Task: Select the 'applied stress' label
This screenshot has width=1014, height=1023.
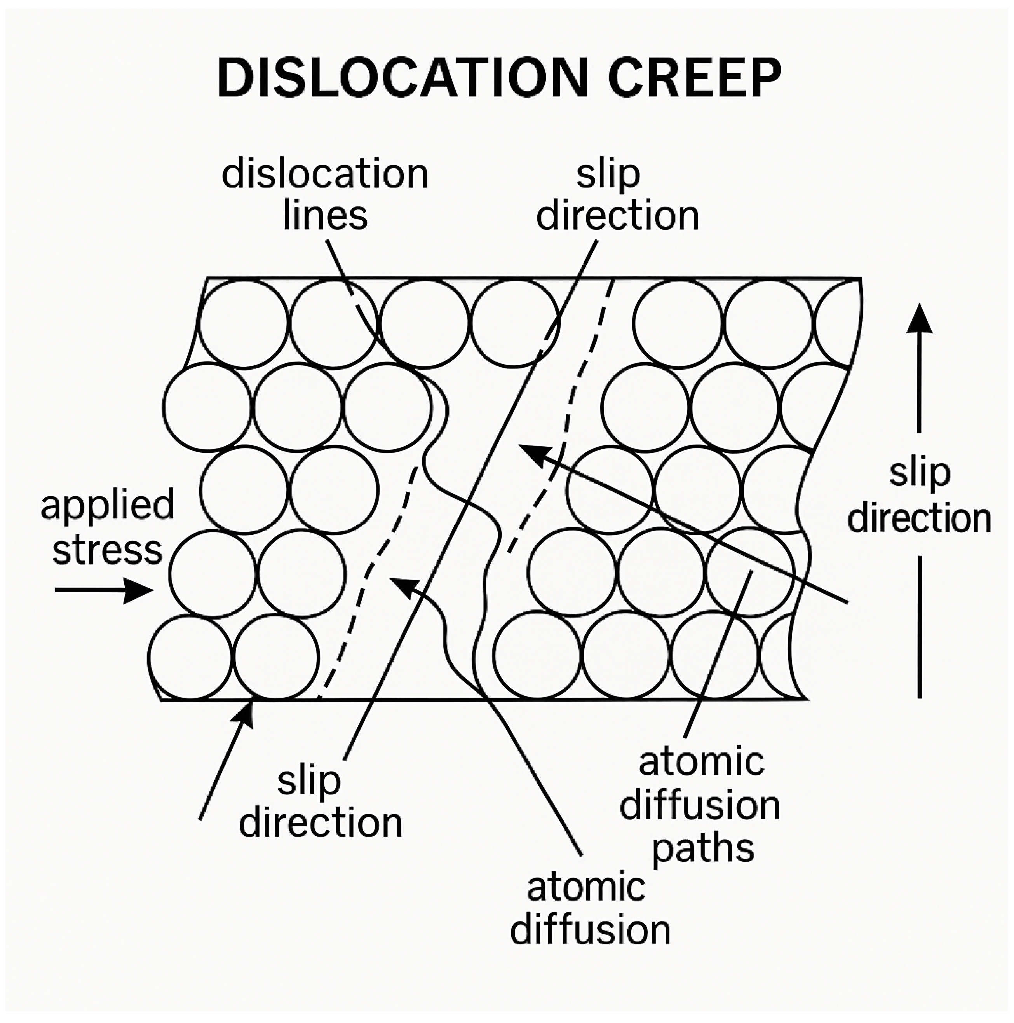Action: [x=108, y=527]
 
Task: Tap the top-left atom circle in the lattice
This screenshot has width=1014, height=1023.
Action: [x=244, y=323]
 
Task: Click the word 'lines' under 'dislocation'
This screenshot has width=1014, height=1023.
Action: [x=325, y=215]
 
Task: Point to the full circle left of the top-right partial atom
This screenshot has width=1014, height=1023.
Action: [x=768, y=323]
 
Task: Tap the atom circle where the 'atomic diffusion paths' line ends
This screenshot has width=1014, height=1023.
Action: [x=751, y=573]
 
